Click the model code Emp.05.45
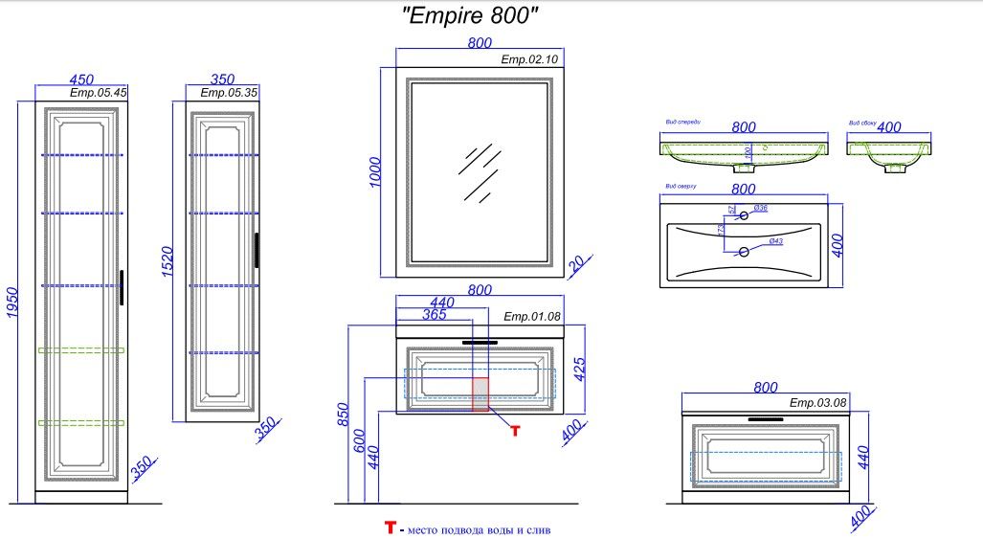[x=99, y=93]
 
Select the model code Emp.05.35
[x=229, y=93]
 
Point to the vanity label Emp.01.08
[x=532, y=316]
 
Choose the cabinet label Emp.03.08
[x=817, y=403]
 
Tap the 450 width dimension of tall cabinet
[x=80, y=79]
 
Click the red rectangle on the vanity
[x=480, y=393]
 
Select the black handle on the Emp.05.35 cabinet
[x=257, y=251]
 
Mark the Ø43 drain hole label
[x=775, y=241]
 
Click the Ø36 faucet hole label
[x=761, y=209]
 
